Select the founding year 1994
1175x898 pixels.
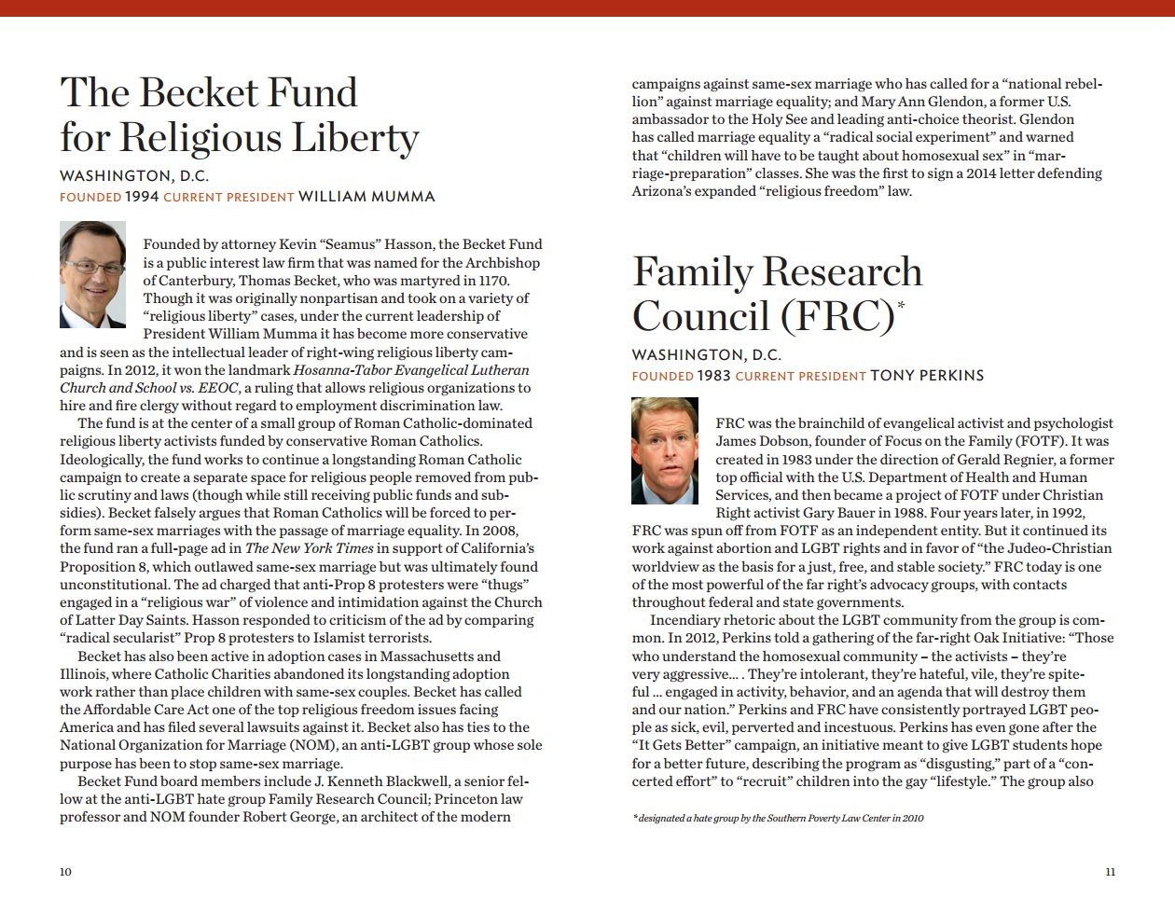142,197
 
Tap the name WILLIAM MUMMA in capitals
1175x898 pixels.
366,197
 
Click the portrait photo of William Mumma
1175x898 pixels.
92,274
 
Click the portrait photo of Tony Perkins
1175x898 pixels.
665,450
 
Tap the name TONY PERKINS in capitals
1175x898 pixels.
927,376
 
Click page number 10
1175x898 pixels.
65,872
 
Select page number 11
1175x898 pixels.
1110,872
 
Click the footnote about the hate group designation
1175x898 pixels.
778,818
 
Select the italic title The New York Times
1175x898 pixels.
310,548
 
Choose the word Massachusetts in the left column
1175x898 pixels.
437,656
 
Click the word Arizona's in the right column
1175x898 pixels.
664,191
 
